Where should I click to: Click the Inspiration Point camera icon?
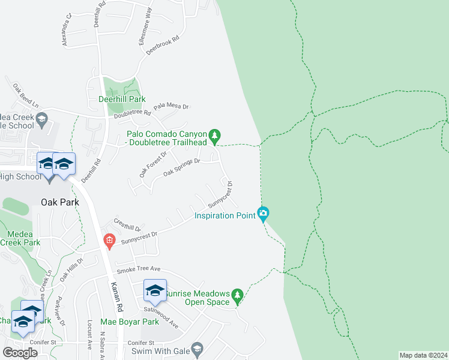coord(262,213)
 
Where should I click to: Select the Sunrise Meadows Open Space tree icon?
coord(237,295)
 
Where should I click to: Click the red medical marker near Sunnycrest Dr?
coord(109,241)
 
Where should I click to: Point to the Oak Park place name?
coord(56,202)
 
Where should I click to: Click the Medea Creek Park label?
coord(20,238)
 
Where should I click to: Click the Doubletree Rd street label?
coord(132,113)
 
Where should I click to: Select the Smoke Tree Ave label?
coord(139,269)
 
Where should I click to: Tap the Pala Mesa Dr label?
coord(171,107)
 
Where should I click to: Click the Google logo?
coord(20,353)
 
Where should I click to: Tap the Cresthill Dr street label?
coord(127,225)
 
